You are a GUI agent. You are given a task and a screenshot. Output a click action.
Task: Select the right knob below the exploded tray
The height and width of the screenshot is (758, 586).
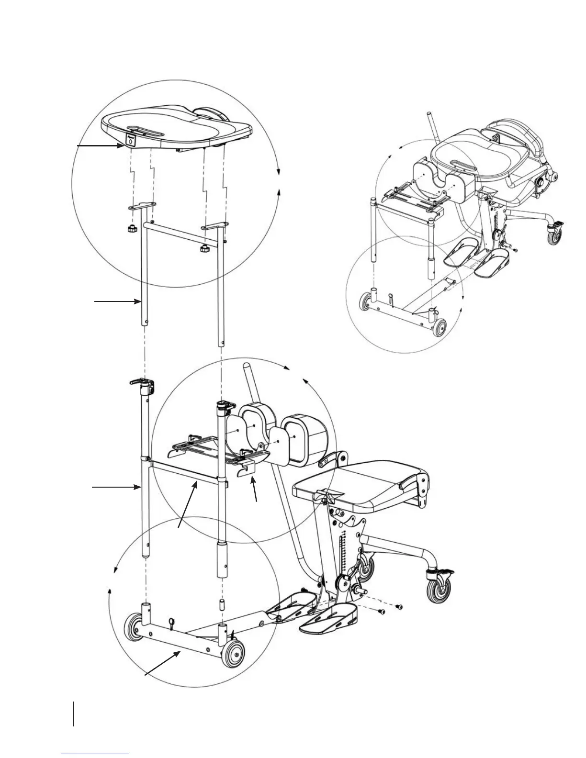coord(204,249)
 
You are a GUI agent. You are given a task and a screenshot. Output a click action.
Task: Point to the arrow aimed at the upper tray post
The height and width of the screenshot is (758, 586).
coord(117,301)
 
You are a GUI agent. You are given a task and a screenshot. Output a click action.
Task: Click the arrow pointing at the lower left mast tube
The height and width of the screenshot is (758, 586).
coord(115,488)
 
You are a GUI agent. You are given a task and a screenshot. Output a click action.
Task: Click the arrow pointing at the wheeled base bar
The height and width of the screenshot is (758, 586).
coord(163,663)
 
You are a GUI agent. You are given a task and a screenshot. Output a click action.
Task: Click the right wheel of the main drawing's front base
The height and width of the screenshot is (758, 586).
coord(233,654)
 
